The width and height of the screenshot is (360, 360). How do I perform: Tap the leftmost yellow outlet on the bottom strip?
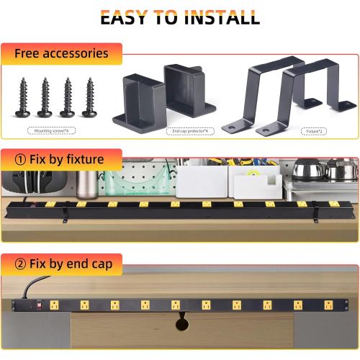[84, 304]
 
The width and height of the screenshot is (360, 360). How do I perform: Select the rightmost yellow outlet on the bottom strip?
[327, 304]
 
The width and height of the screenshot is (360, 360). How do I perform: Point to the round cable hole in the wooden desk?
[180, 323]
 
